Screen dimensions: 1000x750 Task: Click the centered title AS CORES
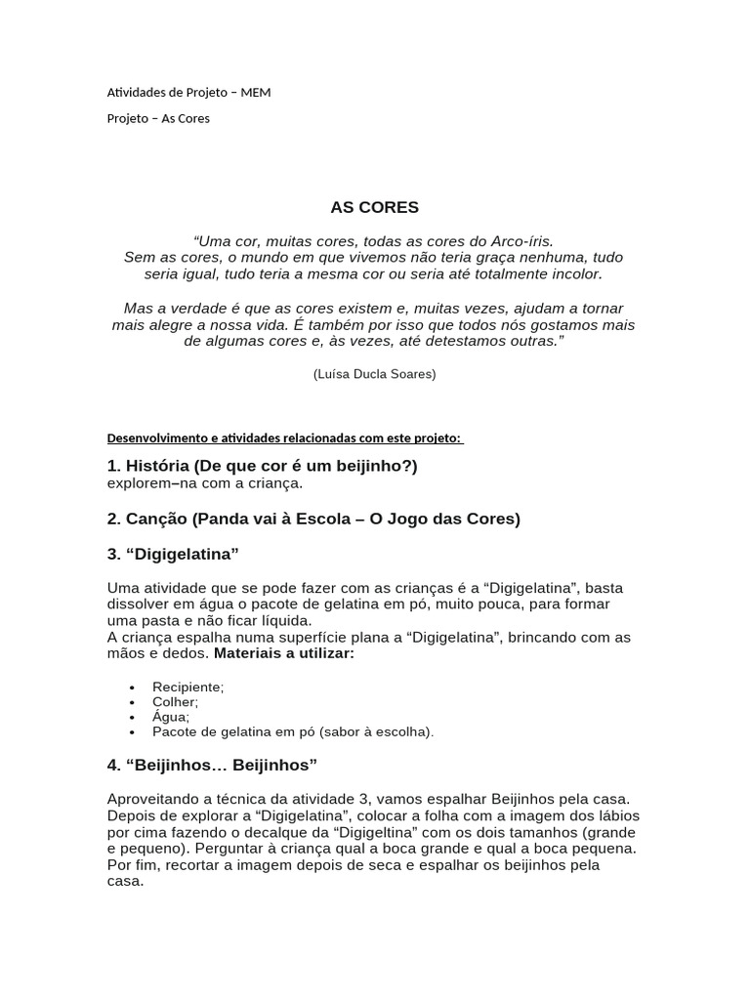point(374,207)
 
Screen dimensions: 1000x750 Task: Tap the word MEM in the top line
point(256,93)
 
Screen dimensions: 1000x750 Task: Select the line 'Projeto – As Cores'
point(158,118)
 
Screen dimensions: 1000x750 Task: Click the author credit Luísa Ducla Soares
point(374,374)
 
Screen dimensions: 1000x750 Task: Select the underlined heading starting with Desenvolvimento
point(284,438)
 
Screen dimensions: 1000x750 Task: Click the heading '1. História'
point(262,466)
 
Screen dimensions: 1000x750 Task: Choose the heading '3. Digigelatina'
point(173,554)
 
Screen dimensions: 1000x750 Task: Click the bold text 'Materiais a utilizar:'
point(284,653)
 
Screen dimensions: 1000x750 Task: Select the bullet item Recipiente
point(187,687)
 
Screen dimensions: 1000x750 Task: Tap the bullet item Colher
point(175,702)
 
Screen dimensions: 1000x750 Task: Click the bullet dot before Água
point(132,717)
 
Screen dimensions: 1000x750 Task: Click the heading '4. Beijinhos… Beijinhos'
point(212,764)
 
